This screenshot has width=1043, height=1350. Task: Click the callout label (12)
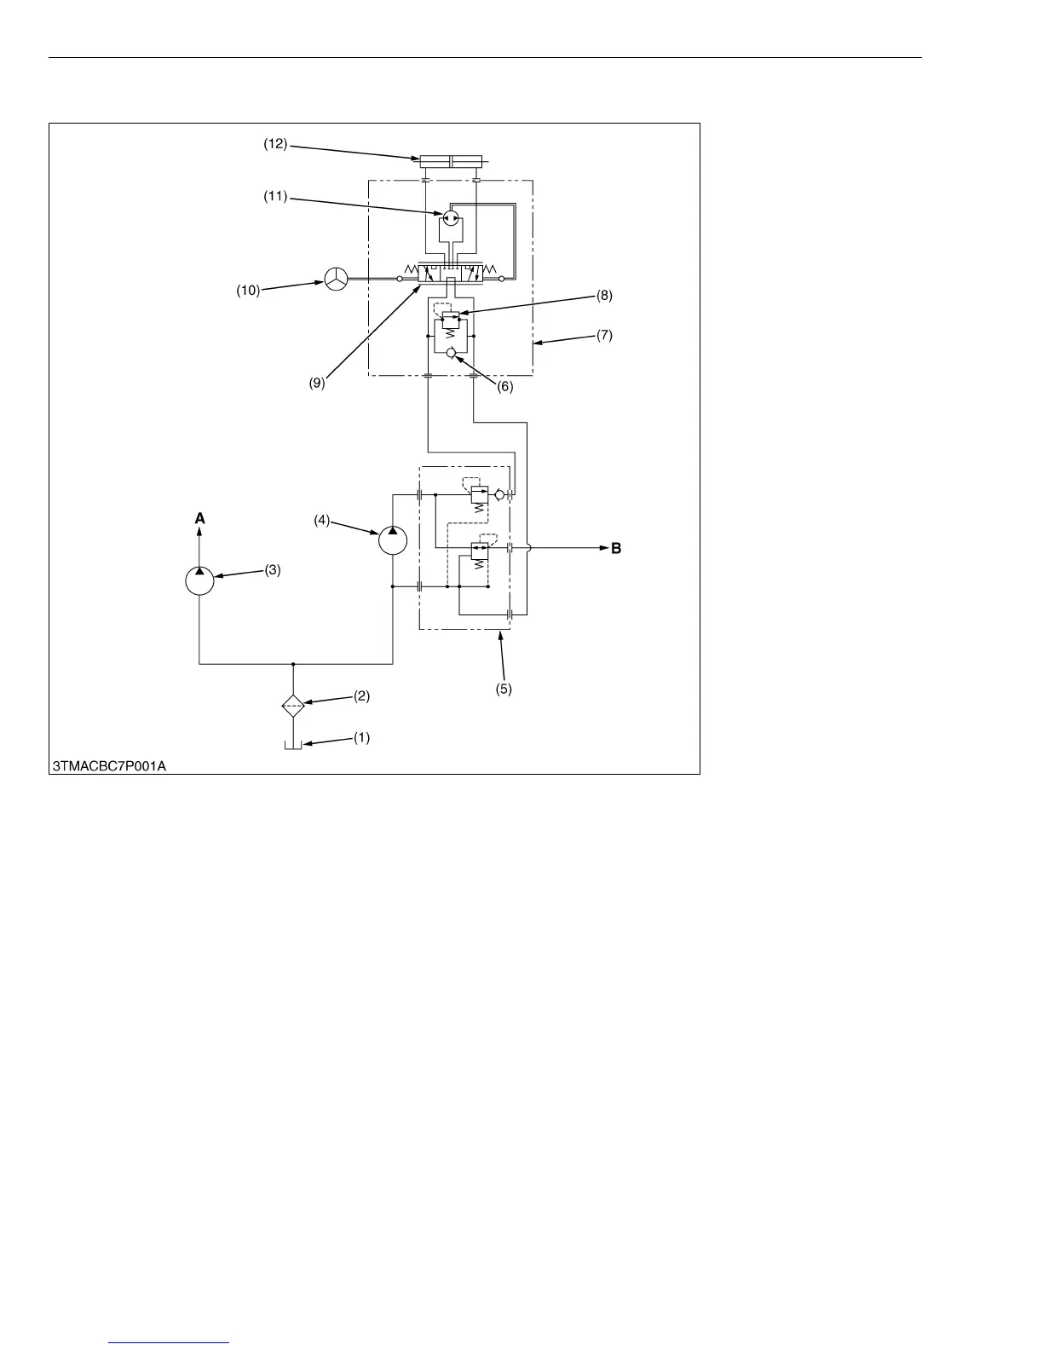[x=274, y=145]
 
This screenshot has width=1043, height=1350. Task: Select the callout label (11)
[x=274, y=197]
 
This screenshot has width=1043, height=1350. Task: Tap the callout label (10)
[x=248, y=291]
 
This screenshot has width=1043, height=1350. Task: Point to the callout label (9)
[x=317, y=384]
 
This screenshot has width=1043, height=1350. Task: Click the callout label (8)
[x=604, y=296]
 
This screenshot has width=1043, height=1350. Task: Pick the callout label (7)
[x=604, y=335]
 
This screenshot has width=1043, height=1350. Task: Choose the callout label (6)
[x=505, y=386]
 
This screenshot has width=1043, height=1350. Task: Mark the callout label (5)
[x=504, y=689]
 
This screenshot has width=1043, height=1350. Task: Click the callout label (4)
[x=321, y=519]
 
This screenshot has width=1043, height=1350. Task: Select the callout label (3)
[x=272, y=571]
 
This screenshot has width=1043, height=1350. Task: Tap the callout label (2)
[x=362, y=696]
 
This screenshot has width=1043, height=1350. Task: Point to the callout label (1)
[x=362, y=738]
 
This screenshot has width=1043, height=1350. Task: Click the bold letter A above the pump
[x=199, y=518]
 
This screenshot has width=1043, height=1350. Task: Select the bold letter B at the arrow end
[x=616, y=549]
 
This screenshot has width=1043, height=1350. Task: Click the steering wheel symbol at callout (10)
[x=336, y=279]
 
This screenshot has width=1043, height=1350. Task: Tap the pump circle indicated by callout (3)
[x=199, y=581]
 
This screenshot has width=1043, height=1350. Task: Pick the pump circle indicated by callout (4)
[x=393, y=540]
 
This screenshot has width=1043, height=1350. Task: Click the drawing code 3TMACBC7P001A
[x=110, y=765]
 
